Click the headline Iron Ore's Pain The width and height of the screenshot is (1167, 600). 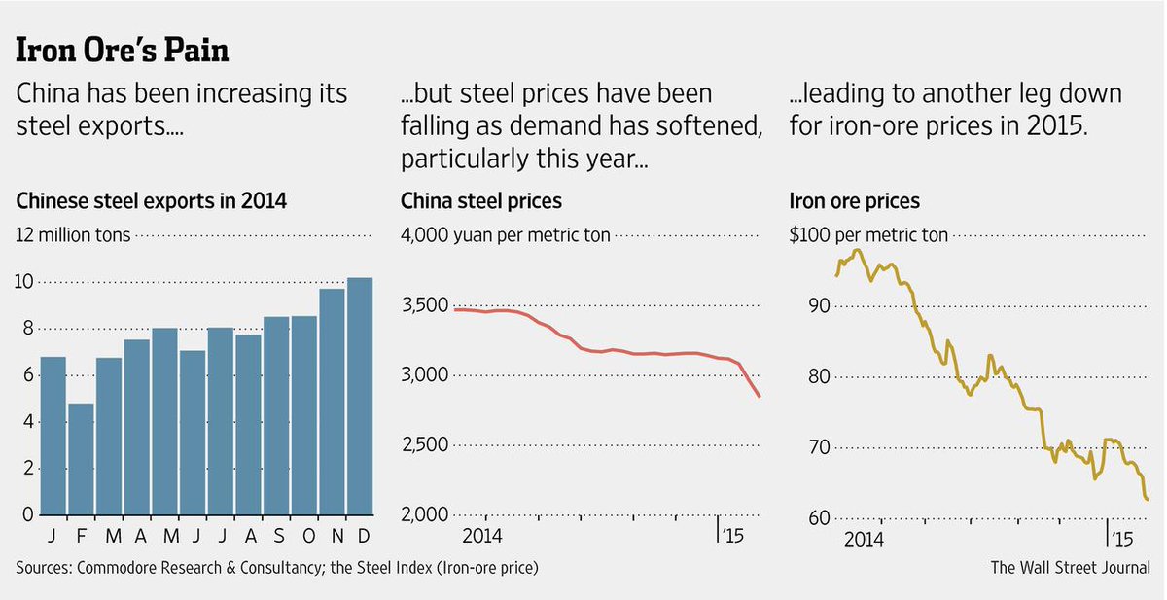(x=123, y=50)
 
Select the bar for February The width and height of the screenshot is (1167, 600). (x=81, y=458)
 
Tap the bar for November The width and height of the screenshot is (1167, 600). (x=332, y=402)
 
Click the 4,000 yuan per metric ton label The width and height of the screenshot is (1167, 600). (x=506, y=235)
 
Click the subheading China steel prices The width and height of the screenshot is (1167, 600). (x=481, y=201)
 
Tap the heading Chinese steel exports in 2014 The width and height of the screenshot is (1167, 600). (x=152, y=201)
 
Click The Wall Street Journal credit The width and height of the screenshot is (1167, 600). (x=1070, y=567)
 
